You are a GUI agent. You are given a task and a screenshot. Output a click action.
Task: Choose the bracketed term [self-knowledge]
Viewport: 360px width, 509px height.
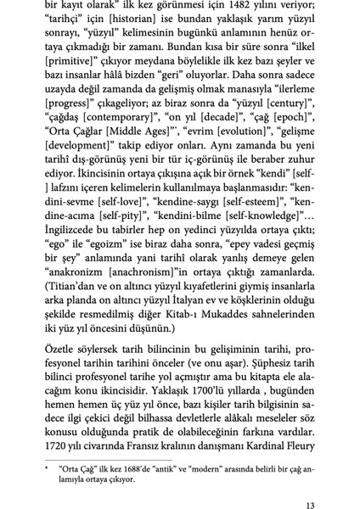click(256, 257)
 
